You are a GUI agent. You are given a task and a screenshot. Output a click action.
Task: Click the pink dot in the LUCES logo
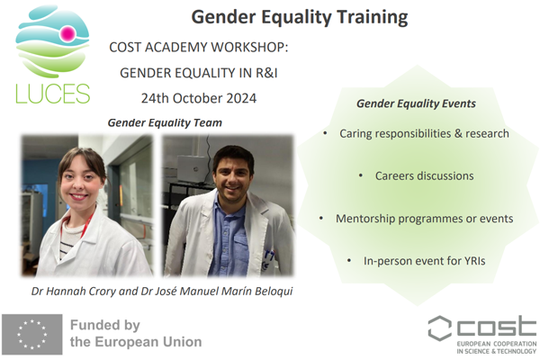[67, 33]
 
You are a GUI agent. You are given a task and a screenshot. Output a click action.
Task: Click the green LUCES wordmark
[53, 94]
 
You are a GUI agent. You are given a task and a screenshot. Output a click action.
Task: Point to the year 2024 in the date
[239, 98]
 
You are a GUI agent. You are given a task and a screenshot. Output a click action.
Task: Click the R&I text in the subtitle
[266, 73]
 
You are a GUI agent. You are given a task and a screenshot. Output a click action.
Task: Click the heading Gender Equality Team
[165, 122]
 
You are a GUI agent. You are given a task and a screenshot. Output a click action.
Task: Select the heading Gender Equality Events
[416, 103]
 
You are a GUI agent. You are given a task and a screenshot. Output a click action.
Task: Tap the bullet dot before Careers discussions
[361, 175]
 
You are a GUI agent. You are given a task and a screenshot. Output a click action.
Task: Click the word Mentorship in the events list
[365, 219]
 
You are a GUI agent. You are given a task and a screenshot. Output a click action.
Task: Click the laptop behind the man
[191, 168]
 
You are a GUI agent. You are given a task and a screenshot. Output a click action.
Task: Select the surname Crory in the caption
[103, 291]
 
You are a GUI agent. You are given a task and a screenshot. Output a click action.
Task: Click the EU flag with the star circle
[32, 334]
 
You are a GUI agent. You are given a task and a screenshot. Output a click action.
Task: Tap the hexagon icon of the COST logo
[439, 328]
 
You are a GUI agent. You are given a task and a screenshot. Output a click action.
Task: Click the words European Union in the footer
[148, 342]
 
